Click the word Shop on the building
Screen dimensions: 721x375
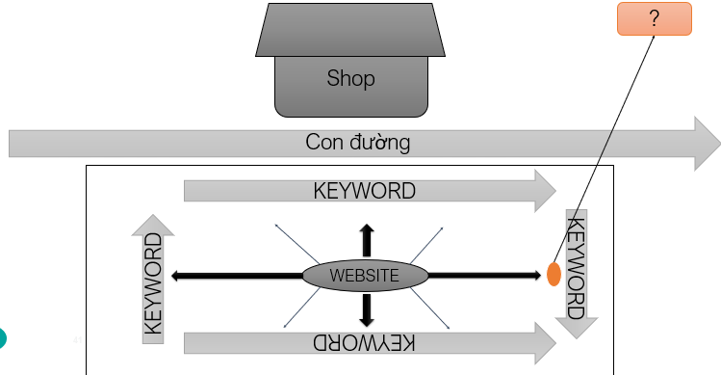coord(350,78)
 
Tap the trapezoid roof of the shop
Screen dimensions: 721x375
coord(350,30)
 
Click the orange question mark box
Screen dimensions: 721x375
coord(655,19)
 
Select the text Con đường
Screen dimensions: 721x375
coord(358,142)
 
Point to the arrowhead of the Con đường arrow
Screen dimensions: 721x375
coord(708,144)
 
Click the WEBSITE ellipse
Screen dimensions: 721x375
coord(365,276)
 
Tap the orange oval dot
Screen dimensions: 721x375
coord(554,274)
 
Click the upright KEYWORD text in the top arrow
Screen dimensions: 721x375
coord(364,191)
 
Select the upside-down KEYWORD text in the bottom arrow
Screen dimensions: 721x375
coord(364,343)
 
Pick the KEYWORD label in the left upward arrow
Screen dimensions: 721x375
coord(154,283)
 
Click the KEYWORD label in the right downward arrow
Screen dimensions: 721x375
coord(577,268)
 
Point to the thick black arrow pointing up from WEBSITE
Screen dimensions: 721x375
coord(367,240)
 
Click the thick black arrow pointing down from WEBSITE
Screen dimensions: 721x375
coord(367,310)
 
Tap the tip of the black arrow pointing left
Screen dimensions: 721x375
coord(171,276)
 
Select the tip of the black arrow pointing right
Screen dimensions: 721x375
coord(541,276)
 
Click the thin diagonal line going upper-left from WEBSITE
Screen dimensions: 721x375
coord(297,244)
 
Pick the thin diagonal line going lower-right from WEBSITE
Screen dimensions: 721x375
coord(429,308)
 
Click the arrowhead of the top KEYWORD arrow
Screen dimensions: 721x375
coord(546,191)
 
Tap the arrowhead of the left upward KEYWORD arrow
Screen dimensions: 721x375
coord(153,226)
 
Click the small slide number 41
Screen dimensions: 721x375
coord(77,340)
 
